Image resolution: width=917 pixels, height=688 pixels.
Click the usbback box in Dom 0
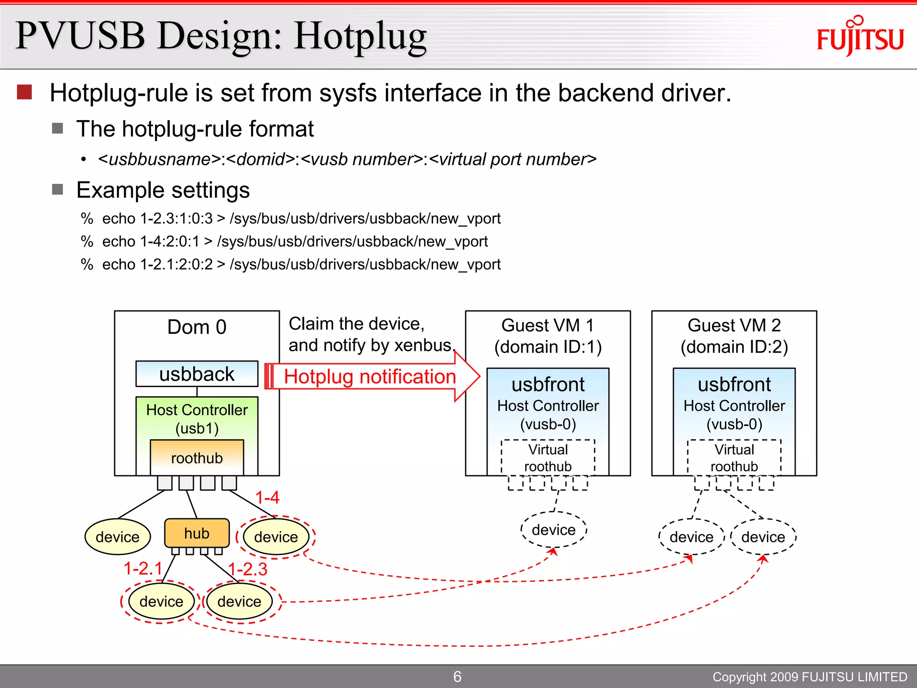tap(197, 374)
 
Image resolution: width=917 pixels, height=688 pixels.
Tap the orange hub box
tap(197, 533)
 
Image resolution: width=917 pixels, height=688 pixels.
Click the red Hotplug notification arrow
tap(372, 377)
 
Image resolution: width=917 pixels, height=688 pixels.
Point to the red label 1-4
tap(267, 497)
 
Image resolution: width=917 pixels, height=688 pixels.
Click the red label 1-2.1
tap(143, 568)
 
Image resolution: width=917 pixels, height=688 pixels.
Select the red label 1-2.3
tap(248, 569)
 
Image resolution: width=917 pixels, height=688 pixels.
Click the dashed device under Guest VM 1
tap(553, 530)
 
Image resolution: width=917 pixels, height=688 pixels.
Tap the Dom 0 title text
tap(197, 327)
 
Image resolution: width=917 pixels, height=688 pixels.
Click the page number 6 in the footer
tap(457, 676)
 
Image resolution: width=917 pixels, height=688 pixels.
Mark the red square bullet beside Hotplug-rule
tap(24, 92)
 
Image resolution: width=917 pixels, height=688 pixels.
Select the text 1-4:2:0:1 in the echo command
tap(170, 241)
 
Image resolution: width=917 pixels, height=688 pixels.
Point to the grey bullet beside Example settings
tap(57, 189)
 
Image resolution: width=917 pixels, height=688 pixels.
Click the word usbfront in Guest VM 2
tap(734, 384)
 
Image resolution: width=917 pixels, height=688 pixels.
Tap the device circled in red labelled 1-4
tap(276, 537)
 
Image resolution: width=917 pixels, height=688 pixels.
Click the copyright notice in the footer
tap(810, 677)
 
